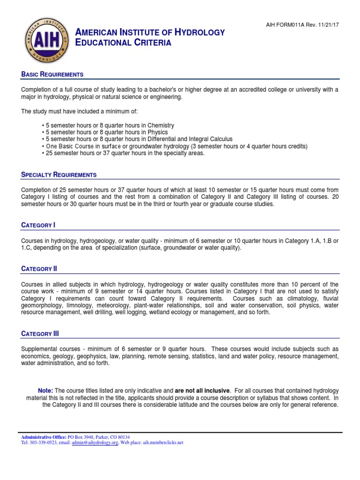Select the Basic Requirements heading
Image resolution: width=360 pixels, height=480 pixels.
pyautogui.click(x=52, y=75)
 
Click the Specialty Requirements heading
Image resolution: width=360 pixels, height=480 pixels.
pyautogui.click(x=59, y=175)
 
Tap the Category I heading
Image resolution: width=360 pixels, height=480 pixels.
pyautogui.click(x=38, y=225)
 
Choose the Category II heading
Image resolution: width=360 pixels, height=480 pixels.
pyautogui.click(x=39, y=269)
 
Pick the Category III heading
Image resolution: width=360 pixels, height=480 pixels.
pyautogui.click(x=40, y=334)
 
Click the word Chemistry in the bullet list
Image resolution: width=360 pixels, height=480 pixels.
pyautogui.click(x=161, y=126)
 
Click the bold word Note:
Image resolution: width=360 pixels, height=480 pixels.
pyautogui.click(x=45, y=391)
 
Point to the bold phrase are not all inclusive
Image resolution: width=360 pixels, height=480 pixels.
pyautogui.click(x=202, y=391)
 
